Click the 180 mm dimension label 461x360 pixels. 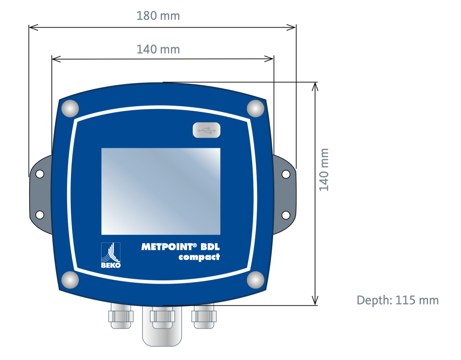click(158, 16)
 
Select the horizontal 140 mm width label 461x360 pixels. click(158, 49)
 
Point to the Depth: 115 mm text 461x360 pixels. click(398, 300)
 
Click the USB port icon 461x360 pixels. click(207, 130)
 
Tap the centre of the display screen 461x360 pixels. click(161, 191)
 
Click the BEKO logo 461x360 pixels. click(111, 255)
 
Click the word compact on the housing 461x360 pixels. click(199, 257)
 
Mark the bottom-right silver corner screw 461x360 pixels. click(255, 279)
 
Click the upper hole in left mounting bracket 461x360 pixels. click(40, 174)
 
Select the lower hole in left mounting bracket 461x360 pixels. click(40, 215)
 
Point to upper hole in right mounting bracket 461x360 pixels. click(286, 174)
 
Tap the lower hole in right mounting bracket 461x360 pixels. click(286, 215)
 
